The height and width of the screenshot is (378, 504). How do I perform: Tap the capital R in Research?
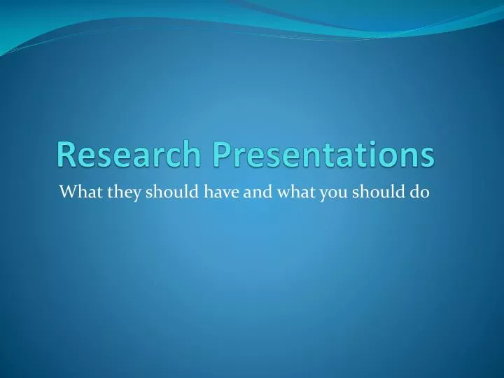click(66, 155)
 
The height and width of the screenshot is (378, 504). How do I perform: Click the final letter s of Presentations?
click(426, 156)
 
